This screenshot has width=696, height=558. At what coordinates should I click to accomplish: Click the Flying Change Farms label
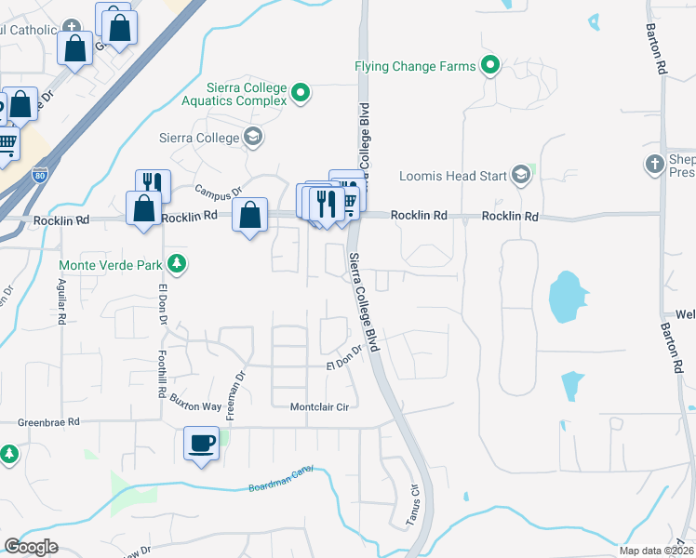click(414, 66)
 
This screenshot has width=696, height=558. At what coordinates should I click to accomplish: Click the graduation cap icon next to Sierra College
click(252, 138)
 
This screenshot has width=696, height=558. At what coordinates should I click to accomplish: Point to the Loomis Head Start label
click(452, 175)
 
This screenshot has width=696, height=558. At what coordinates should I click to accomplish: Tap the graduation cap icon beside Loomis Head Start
click(520, 175)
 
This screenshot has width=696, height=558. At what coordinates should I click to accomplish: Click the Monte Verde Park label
click(113, 264)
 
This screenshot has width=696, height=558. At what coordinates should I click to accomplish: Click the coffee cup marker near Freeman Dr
click(201, 442)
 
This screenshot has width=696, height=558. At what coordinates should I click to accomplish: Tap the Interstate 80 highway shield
click(38, 174)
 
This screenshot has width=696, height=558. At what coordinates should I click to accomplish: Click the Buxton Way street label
click(195, 402)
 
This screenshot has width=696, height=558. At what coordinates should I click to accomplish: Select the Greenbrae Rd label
click(47, 422)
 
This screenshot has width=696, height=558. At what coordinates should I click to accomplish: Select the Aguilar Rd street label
click(62, 301)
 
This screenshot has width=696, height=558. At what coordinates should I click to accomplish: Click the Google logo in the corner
click(31, 548)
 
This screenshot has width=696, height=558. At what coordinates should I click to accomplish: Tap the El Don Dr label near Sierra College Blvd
click(343, 358)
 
